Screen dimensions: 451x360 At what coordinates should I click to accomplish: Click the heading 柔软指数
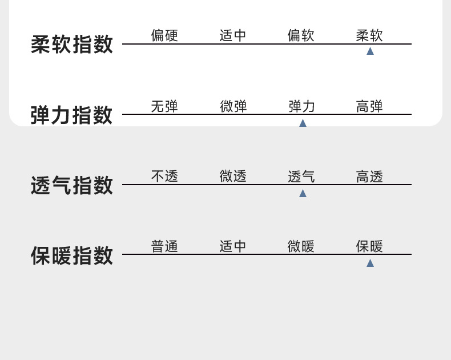point(72,45)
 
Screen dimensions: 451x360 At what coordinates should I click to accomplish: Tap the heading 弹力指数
point(72,115)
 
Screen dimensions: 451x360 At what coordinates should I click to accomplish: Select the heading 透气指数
point(72,186)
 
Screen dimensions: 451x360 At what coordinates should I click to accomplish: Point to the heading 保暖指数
point(72,255)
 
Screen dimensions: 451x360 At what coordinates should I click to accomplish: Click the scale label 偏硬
point(164,35)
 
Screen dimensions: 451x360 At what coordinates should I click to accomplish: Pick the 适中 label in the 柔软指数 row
point(233,35)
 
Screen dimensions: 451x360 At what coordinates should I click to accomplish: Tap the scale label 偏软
point(301,35)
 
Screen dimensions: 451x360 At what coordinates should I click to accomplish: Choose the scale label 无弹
point(164,106)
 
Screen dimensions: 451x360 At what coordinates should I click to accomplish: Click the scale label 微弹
point(233,106)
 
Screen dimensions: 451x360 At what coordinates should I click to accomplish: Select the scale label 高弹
point(369,106)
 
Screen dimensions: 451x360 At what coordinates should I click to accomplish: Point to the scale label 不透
point(164,177)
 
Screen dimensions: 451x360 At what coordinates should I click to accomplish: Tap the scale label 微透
point(233,177)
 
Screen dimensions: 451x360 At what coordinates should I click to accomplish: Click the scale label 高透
point(369,177)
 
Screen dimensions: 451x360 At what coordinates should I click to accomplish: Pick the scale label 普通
point(164,246)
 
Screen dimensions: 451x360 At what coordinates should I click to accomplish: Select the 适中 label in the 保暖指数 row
point(233,246)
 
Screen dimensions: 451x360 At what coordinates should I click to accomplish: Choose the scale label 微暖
point(301,246)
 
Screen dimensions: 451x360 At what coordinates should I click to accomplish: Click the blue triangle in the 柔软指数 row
point(370,51)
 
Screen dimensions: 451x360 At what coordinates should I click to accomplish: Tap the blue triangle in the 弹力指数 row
point(303,123)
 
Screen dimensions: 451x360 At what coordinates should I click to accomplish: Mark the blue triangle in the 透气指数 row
point(303,193)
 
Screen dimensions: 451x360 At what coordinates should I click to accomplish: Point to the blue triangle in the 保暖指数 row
point(370,263)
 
